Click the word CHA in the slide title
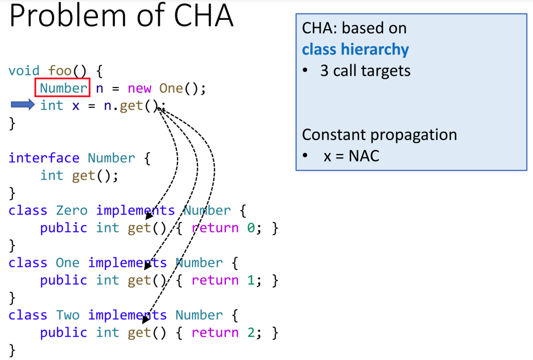coord(204,15)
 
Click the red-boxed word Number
coord(63,88)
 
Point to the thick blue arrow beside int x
coord(22,105)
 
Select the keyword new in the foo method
coord(139,89)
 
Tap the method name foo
coord(59,71)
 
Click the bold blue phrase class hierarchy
coord(355,49)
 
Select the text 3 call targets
coord(365,71)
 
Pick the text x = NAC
coord(351,156)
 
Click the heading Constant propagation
coord(379,135)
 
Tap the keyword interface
coord(44,158)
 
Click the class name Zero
coord(71,210)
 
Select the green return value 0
coord(251,228)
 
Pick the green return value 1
coord(251,280)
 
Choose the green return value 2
coord(251,333)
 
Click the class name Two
coord(68,315)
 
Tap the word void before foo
coord(24,71)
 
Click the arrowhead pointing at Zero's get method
coord(148,216)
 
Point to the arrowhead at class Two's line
coord(145,319)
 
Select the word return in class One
coord(215,280)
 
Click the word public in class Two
coord(64,333)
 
